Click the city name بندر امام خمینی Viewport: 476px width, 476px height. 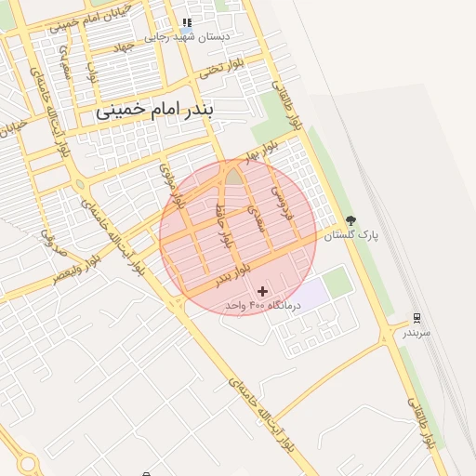click(154, 111)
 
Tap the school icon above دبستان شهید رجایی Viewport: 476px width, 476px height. click(188, 22)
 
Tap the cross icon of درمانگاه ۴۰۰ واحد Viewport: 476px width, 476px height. click(262, 291)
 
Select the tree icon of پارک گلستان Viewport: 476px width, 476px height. click(350, 221)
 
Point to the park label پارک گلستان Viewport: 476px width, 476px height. click(347, 236)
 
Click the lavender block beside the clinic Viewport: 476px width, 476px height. click(312, 291)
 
